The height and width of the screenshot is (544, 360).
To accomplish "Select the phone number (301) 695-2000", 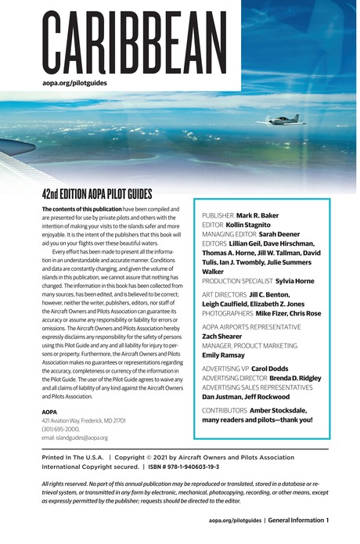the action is [x=62, y=428].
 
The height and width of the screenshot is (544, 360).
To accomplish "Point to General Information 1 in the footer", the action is [x=300, y=521].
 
